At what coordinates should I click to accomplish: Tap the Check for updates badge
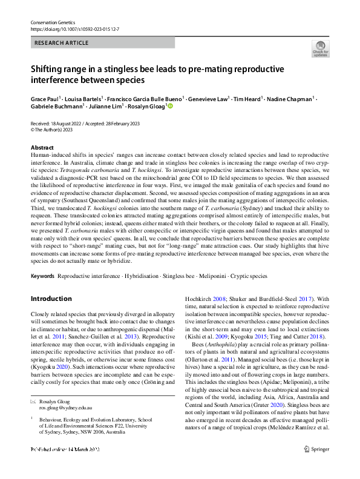320,49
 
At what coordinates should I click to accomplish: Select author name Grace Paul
45,97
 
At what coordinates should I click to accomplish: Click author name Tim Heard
247,97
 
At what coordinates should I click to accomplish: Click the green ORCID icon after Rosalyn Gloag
170,106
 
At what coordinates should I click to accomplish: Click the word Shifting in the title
50,70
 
